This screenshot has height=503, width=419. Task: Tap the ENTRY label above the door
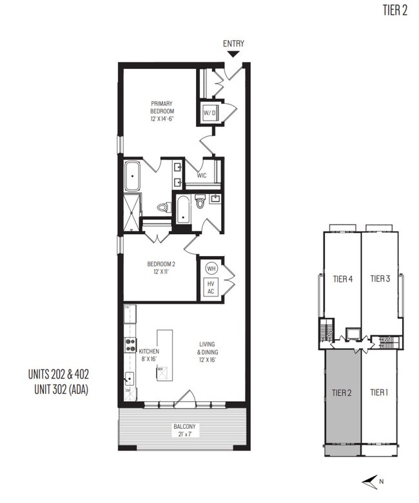233,44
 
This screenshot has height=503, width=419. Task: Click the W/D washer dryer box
209,113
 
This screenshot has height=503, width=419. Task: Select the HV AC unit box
210,287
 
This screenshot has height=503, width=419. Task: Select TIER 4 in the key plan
342,279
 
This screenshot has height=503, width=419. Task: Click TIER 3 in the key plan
380,279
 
